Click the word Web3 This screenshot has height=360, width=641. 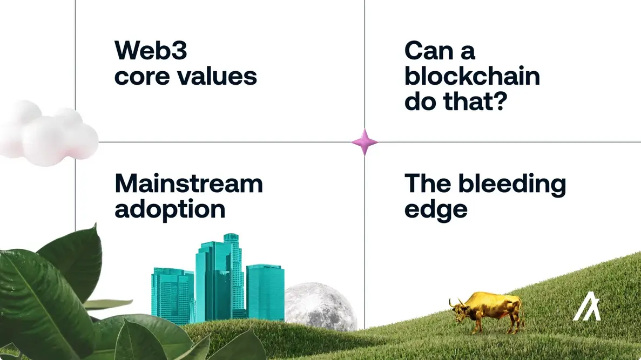(151, 52)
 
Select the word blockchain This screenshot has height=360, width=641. (472, 76)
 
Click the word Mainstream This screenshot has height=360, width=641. (188, 184)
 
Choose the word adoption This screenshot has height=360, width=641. (170, 209)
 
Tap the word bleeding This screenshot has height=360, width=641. (512, 184)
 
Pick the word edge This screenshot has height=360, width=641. (436, 210)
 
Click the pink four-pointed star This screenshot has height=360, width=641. (365, 142)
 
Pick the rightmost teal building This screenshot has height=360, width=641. (265, 291)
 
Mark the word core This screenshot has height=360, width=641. (141, 76)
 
